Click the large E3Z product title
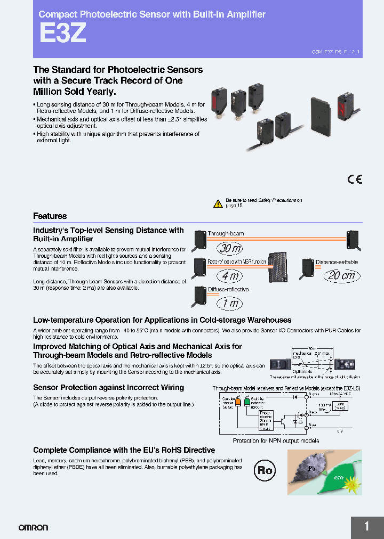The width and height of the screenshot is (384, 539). [x=62, y=34]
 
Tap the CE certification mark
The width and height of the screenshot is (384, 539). [x=355, y=179]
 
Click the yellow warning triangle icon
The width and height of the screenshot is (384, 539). [x=218, y=203]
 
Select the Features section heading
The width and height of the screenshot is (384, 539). [x=50, y=216]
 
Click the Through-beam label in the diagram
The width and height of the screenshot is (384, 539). [x=226, y=233]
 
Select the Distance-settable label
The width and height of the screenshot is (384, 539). [x=337, y=262]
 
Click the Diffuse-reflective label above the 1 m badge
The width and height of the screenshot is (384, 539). [x=228, y=289]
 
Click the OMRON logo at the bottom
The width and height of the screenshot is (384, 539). [x=33, y=527]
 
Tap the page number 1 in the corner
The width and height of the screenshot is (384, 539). [x=367, y=527]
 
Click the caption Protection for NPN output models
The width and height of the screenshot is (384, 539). [x=276, y=440]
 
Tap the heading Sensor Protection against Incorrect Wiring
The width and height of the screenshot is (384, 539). [x=108, y=387]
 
